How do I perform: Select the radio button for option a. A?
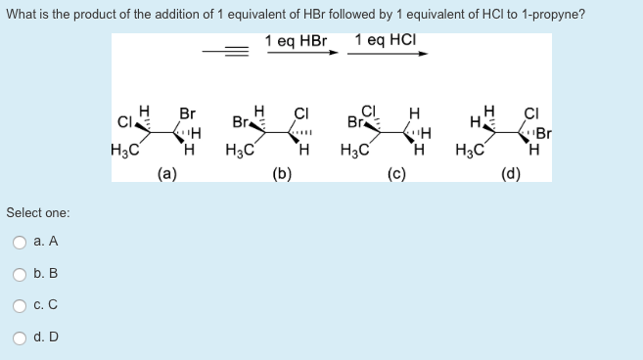point(18,241)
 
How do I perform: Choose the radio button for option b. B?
point(18,273)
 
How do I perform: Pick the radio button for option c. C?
point(18,305)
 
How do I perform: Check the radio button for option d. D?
point(18,337)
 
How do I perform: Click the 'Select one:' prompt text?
point(38,212)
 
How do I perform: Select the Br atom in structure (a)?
point(186,113)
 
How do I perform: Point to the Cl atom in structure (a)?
point(124,122)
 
